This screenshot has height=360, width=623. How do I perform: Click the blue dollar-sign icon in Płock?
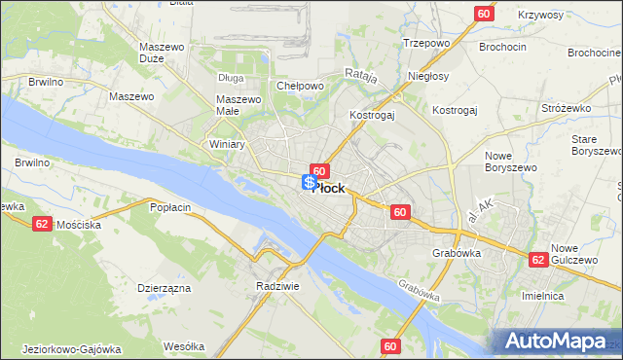pyautogui.click(x=309, y=182)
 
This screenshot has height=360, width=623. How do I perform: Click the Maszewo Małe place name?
pyautogui.click(x=239, y=105)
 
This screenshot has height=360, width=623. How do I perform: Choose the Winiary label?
pyautogui.click(x=227, y=144)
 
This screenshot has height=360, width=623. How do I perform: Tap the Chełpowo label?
pyautogui.click(x=300, y=86)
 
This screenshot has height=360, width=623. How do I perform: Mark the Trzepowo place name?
pyautogui.click(x=425, y=43)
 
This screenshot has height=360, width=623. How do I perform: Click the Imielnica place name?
pyautogui.click(x=571, y=296)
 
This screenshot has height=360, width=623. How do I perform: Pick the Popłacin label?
pyautogui.click(x=169, y=207)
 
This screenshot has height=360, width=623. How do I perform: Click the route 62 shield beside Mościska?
pyautogui.click(x=41, y=223)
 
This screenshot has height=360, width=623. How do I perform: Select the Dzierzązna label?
pyautogui.click(x=164, y=288)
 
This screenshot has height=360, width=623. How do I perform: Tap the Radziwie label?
pyautogui.click(x=275, y=286)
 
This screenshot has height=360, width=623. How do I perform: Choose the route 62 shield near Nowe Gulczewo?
pyautogui.click(x=537, y=260)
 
